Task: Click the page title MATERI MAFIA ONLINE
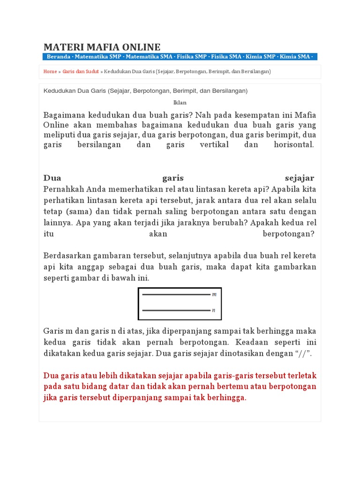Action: point(102,47)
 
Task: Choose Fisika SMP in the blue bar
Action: point(192,57)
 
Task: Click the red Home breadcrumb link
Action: point(50,72)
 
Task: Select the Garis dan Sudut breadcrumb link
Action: point(81,72)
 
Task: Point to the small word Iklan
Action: point(180,102)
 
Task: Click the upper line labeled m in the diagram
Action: point(176,294)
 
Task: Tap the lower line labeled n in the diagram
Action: point(176,310)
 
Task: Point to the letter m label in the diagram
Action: point(214,294)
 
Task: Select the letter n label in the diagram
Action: point(214,310)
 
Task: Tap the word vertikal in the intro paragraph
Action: point(213,145)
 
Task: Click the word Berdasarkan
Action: point(65,255)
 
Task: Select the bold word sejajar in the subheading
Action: point(299,178)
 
